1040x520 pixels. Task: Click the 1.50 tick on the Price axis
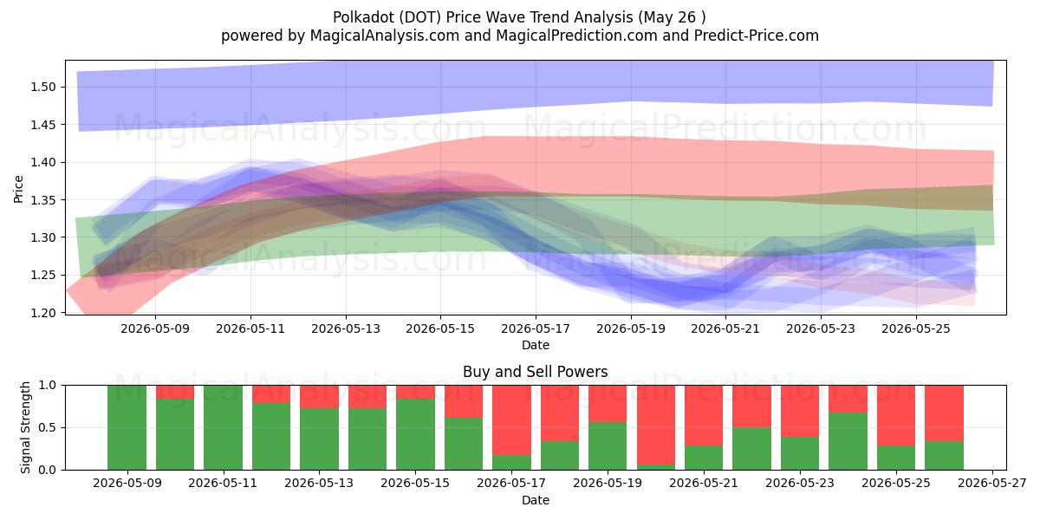[42, 87]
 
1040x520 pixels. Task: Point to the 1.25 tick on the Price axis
[42, 276]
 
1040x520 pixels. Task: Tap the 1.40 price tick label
[42, 163]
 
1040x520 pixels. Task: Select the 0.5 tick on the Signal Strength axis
[47, 427]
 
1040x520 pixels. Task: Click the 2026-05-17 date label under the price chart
[536, 328]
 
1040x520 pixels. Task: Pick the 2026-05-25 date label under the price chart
[916, 328]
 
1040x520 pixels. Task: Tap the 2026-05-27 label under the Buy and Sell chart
[992, 484]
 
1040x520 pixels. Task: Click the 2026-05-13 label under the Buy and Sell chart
[319, 484]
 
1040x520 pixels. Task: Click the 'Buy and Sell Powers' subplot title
[536, 372]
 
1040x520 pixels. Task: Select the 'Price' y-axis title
[18, 189]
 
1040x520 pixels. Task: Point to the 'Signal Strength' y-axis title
[25, 427]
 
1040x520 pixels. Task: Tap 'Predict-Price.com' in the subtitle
[757, 36]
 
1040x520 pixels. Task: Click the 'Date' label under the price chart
[536, 345]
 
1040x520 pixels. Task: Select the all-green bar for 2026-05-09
[127, 427]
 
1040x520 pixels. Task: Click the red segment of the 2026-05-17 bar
[511, 420]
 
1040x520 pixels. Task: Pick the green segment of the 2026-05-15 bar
[415, 434]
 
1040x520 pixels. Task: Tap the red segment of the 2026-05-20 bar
[656, 425]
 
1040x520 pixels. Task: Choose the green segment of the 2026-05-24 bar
[848, 441]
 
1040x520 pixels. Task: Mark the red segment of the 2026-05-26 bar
[945, 413]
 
